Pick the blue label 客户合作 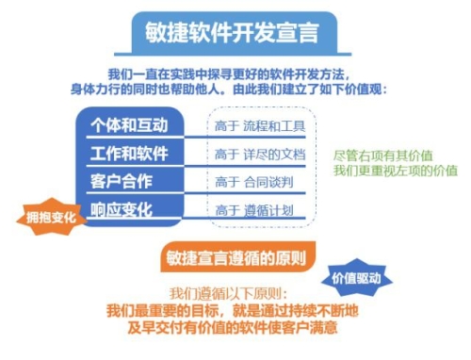[121, 181]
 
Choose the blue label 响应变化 [121, 208]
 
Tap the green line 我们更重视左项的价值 [393, 172]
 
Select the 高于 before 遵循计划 [227, 209]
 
